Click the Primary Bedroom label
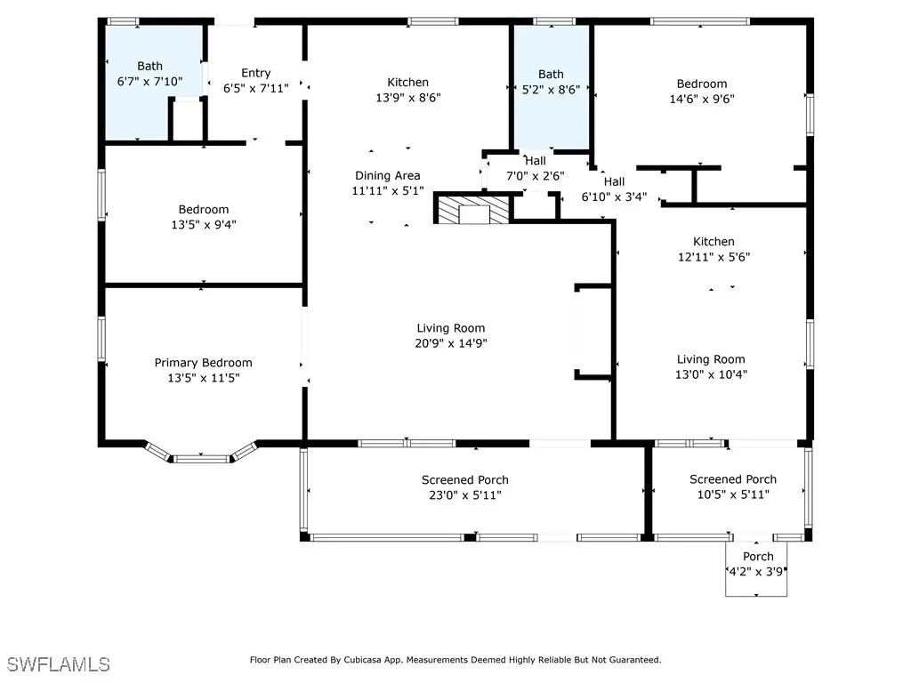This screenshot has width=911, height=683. point(204,363)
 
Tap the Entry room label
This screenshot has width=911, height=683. point(255,73)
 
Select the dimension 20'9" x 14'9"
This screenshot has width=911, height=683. point(451,343)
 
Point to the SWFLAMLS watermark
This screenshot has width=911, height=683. point(58,663)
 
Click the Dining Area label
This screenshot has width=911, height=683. point(388,175)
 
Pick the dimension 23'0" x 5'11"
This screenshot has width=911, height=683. point(464,494)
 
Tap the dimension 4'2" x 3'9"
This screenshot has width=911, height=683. point(756,572)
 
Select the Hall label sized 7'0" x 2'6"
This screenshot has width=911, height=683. point(535,160)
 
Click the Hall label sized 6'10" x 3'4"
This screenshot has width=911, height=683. point(614,181)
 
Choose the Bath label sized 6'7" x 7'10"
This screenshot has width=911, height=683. point(149,66)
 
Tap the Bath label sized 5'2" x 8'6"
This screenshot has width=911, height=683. point(551,75)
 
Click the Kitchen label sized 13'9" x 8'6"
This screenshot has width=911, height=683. point(407,83)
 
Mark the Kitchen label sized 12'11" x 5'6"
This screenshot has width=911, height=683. point(713,242)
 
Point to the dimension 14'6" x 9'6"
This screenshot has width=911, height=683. point(702,99)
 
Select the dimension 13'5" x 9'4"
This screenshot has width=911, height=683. point(204,224)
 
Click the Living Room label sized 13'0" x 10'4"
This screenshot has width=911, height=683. point(711,359)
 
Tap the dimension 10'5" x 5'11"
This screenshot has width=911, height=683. point(733,494)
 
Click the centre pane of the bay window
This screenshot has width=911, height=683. point(202,459)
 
